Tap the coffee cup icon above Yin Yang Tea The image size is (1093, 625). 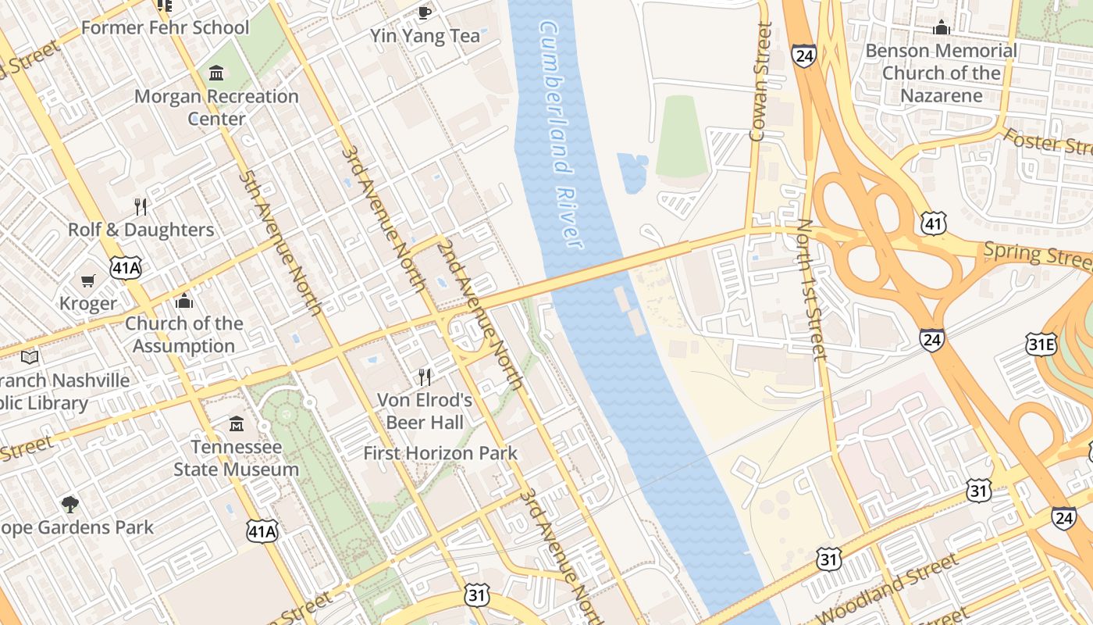tap(424, 12)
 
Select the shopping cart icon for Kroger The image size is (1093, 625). tap(88, 280)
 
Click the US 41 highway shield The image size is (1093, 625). tap(934, 224)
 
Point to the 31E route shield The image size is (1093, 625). tap(1041, 345)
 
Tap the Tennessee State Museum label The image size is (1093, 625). tap(236, 459)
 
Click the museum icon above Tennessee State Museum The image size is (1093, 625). tap(237, 424)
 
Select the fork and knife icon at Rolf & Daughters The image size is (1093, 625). tap(141, 207)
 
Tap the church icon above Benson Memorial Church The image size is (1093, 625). tap(942, 28)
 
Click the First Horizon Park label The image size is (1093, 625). tap(440, 453)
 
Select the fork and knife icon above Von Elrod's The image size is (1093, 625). tap(425, 377)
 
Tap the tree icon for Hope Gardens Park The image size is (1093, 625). tap(70, 504)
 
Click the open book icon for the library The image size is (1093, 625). tap(30, 357)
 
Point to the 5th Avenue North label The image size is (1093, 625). tap(282, 243)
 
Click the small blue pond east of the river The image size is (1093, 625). tap(632, 172)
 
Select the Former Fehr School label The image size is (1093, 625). tap(165, 28)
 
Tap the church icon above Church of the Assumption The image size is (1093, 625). tap(184, 301)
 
